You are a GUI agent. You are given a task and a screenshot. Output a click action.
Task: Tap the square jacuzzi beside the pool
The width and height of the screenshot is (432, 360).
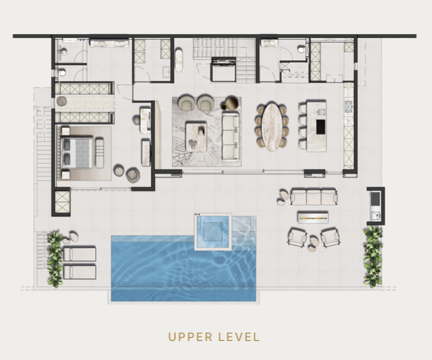pos(213,232)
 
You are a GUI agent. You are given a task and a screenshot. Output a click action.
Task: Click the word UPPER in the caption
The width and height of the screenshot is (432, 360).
pos(190,337)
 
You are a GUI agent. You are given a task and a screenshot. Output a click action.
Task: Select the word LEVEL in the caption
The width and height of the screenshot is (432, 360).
pos(239,337)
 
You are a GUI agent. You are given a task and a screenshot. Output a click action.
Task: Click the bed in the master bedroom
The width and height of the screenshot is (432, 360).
pos(76,152)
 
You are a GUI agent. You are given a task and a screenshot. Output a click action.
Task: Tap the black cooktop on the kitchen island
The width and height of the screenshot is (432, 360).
pos(320,127)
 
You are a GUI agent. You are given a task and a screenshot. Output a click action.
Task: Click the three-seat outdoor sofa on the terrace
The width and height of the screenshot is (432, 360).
pos(314,197)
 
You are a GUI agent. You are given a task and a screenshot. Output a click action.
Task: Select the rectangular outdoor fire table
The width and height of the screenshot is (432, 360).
pos(313,217)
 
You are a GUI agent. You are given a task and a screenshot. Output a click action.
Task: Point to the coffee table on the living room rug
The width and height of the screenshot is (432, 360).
pos(196,137)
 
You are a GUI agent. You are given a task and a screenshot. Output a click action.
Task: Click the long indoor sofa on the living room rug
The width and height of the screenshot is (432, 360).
pos(231,138)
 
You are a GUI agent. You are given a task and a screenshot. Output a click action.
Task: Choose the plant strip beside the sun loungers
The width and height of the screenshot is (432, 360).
pos(55,259)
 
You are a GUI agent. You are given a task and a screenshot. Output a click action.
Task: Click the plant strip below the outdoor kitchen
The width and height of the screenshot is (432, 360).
pos(373,256)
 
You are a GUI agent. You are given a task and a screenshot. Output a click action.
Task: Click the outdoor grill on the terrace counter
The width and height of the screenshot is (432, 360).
pos(375,199)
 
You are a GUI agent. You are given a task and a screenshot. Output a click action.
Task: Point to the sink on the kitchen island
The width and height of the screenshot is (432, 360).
pos(321,112)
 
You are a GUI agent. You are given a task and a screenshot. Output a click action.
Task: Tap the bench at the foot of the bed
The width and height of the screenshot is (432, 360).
pos(100,153)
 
